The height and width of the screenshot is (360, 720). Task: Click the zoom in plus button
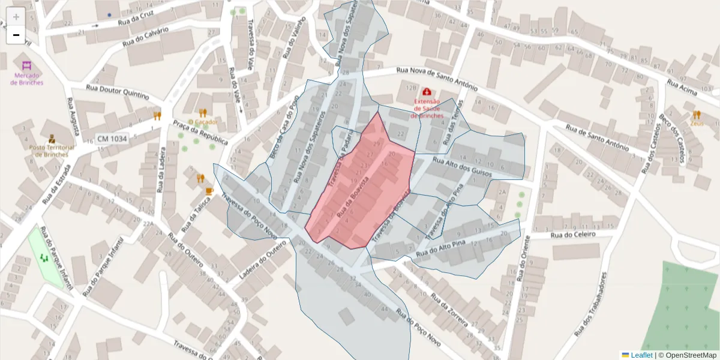pos(16,17)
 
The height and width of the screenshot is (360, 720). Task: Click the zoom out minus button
pos(16,35)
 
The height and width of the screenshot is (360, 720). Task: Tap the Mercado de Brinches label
pos(27,79)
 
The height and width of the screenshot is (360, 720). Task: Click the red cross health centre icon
pos(427,92)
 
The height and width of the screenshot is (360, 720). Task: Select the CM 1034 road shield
pos(112,139)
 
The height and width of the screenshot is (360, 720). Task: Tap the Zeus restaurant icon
pos(697,114)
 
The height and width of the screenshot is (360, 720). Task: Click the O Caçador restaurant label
pos(203,122)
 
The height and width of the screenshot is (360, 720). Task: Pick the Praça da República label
pos(200,132)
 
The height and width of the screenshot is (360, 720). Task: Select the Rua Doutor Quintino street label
pos(117,91)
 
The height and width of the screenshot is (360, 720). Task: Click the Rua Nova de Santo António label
pos(436,79)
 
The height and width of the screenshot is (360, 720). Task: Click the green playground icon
pos(43,258)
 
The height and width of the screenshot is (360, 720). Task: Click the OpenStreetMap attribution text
pos(688,355)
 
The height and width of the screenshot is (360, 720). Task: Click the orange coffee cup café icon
pos(209,191)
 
